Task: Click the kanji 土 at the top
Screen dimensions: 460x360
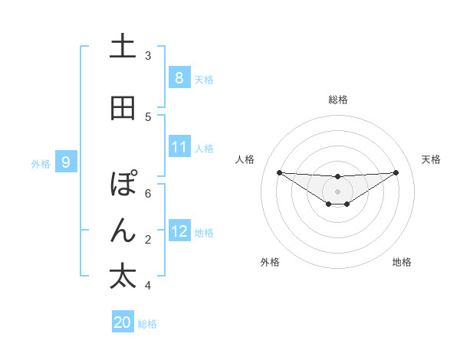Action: pyautogui.click(x=123, y=47)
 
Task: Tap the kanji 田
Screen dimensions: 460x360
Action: pyautogui.click(x=123, y=108)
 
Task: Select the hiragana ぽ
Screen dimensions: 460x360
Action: pyautogui.click(x=123, y=185)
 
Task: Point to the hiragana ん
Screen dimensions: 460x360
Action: pyautogui.click(x=123, y=231)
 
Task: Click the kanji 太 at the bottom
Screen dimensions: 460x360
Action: pyautogui.click(x=123, y=277)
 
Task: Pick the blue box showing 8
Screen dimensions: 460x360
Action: pyautogui.click(x=179, y=77)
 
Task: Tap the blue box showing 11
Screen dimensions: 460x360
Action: pyautogui.click(x=179, y=147)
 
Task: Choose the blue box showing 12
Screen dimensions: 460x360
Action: pyautogui.click(x=179, y=231)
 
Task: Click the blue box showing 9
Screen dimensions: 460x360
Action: pyautogui.click(x=66, y=162)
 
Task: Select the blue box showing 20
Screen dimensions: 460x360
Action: pyautogui.click(x=122, y=322)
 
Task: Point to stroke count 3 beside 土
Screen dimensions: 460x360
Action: pyautogui.click(x=148, y=55)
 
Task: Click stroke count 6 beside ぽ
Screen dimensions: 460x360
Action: pyautogui.click(x=148, y=193)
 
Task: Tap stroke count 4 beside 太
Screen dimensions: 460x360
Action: pyautogui.click(x=148, y=286)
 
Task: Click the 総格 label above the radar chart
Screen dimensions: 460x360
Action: pyautogui.click(x=337, y=100)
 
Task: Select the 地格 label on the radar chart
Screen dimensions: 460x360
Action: pyautogui.click(x=402, y=262)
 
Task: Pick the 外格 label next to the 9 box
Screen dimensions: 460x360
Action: pyautogui.click(x=41, y=163)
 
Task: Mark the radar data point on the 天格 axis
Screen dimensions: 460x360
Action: pyautogui.click(x=396, y=172)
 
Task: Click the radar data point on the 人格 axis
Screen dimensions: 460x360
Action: pyautogui.click(x=279, y=172)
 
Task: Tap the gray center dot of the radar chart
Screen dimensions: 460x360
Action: pyautogui.click(x=337, y=191)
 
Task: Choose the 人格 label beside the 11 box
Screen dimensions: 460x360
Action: pyautogui.click(x=205, y=149)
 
